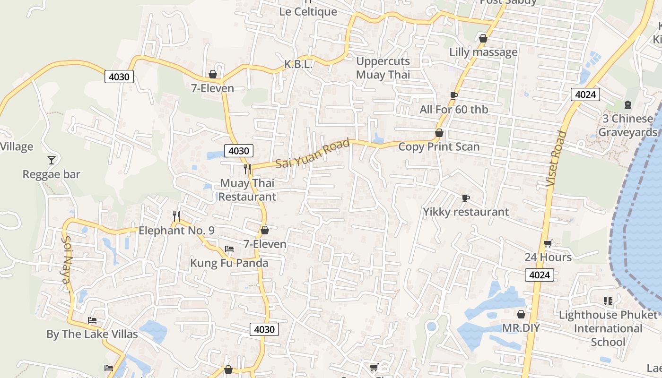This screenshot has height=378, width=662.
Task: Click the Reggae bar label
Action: [52, 174]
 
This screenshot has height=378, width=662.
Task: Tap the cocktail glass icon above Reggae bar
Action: [52, 160]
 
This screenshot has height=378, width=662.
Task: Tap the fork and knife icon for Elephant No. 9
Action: [176, 216]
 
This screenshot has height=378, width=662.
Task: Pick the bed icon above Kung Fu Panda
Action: [229, 249]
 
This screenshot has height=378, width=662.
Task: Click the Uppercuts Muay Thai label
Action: [383, 68]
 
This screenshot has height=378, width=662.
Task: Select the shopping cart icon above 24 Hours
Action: [548, 244]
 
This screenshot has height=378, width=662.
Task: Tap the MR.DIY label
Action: [521, 328]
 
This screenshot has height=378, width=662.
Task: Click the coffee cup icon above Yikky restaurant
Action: [466, 198]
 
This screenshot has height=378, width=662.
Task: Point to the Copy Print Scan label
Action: [439, 147]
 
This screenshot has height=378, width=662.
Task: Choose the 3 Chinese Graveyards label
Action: [627, 125]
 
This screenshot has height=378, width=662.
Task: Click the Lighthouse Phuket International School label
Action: [608, 328]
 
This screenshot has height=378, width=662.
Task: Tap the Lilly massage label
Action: [483, 52]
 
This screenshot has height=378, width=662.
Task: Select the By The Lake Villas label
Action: [92, 334]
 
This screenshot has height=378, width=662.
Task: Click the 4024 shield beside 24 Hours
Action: [539, 275]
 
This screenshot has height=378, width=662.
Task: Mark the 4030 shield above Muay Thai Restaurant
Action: [239, 151]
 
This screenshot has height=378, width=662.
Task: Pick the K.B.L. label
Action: [298, 64]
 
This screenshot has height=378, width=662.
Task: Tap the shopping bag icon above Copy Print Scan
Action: [439, 133]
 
